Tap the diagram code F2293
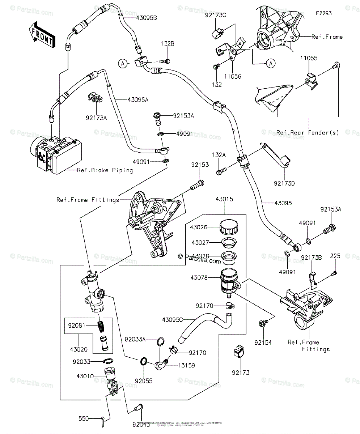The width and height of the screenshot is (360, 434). tap(323, 13)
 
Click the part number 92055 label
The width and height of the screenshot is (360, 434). tap(144, 380)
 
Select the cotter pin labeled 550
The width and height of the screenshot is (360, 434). tap(103, 420)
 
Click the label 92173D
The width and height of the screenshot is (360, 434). tap(285, 183)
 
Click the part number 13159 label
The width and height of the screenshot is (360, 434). tap(186, 366)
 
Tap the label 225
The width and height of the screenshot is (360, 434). tap(335, 256)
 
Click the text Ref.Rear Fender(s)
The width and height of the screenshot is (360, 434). tap(308, 132)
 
